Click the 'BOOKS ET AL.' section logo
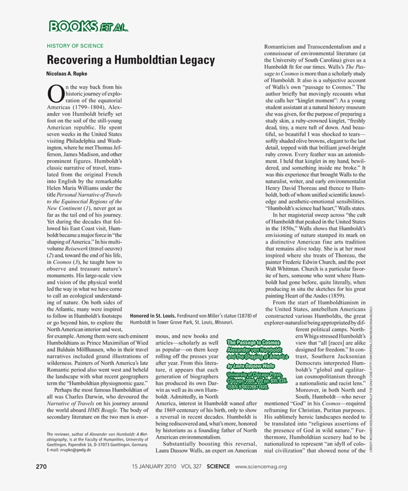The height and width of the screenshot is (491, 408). pyautogui.click(x=88, y=26)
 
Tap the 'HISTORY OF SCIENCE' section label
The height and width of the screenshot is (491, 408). pyautogui.click(x=75, y=46)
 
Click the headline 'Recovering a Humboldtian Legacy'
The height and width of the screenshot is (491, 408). pyautogui.click(x=131, y=60)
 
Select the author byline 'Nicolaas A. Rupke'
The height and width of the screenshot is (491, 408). pyautogui.click(x=67, y=74)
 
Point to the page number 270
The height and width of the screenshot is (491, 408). pyautogui.click(x=41, y=467)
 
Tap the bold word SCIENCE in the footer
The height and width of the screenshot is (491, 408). pyautogui.click(x=217, y=467)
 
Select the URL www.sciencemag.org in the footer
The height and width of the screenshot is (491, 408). pyautogui.click(x=261, y=467)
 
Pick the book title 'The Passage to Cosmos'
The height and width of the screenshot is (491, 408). pyautogui.click(x=253, y=343)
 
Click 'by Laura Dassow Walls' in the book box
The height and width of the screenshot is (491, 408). pyautogui.click(x=251, y=367)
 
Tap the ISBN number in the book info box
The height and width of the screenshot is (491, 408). pyautogui.click(x=247, y=387)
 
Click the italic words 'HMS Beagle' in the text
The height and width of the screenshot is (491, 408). pyautogui.click(x=103, y=410)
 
